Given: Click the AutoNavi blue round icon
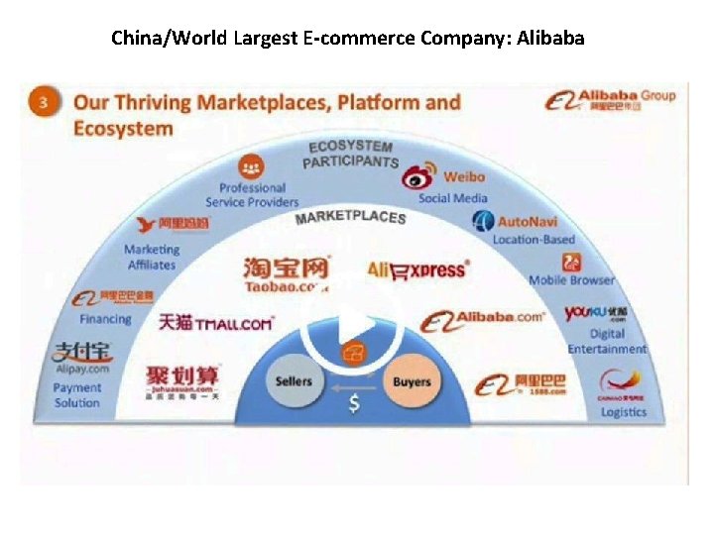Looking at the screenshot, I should pyautogui.click(x=483, y=221).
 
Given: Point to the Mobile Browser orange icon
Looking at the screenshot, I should pyautogui.click(x=571, y=263).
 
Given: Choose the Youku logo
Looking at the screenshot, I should pyautogui.click(x=594, y=314).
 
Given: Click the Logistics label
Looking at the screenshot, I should pyautogui.click(x=623, y=412).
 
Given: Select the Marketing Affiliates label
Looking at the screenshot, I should pyautogui.click(x=151, y=257).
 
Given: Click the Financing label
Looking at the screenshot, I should pyautogui.click(x=105, y=319).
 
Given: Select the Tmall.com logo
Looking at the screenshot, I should pyautogui.click(x=215, y=323).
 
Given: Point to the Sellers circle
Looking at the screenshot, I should pyautogui.click(x=294, y=381).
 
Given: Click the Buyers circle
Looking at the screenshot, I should pyautogui.click(x=412, y=381).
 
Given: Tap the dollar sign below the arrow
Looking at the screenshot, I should pyautogui.click(x=354, y=404).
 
